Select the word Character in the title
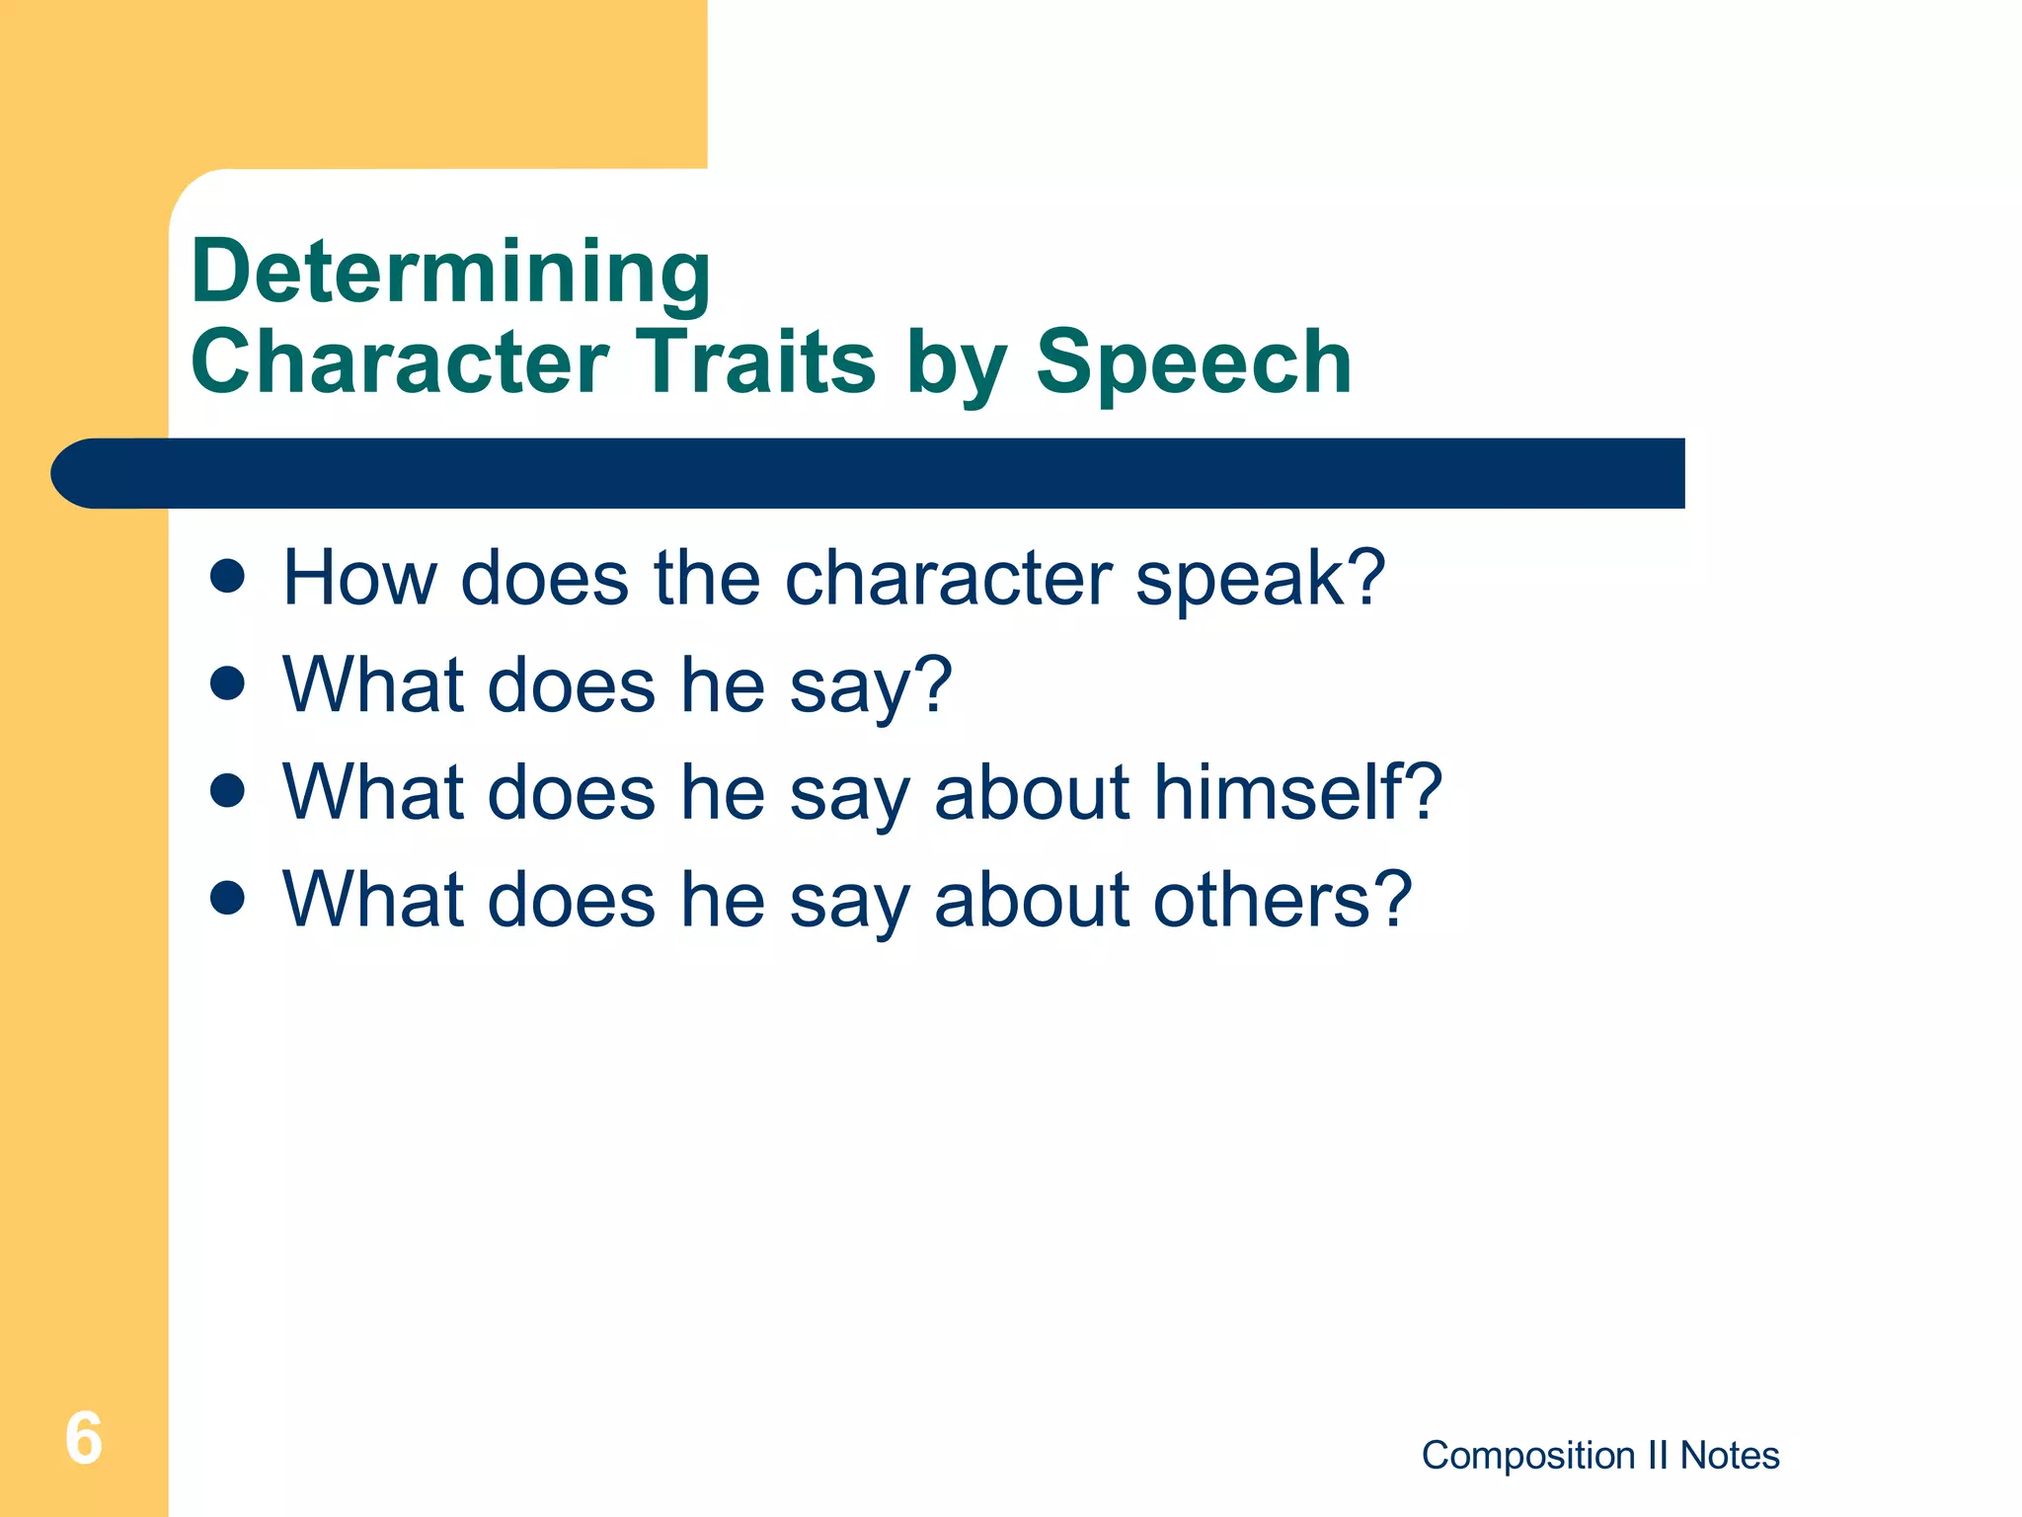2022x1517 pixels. click(400, 361)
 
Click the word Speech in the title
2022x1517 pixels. click(1193, 361)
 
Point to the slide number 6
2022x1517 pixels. click(84, 1438)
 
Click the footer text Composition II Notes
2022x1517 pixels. click(1599, 1455)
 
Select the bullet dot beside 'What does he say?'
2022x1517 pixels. click(228, 683)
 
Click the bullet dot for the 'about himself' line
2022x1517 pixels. click(228, 790)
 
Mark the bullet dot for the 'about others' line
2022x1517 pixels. click(228, 898)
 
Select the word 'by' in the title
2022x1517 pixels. click(956, 363)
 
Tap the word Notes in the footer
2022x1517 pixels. click(1730, 1455)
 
